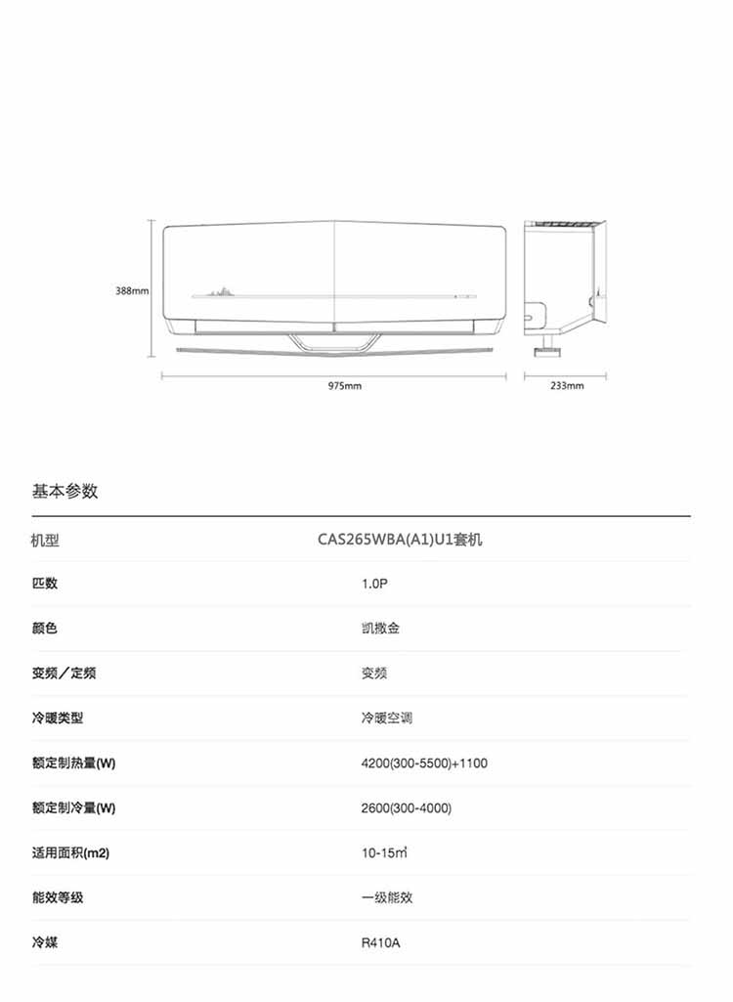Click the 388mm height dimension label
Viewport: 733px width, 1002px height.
click(x=132, y=290)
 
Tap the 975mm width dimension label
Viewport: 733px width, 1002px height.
click(x=344, y=386)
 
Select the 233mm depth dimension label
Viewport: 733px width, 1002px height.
click(x=567, y=386)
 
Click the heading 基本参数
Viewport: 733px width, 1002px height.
click(x=65, y=491)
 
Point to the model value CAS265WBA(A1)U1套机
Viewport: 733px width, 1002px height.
click(x=400, y=540)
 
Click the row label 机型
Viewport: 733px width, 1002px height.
click(x=45, y=541)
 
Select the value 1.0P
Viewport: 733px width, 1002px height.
click(x=374, y=584)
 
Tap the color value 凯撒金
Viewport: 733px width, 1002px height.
click(x=380, y=629)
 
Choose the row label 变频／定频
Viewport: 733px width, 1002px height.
click(x=64, y=673)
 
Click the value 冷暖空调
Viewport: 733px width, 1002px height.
click(x=387, y=718)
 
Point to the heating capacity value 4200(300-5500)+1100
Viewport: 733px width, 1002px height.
click(x=424, y=763)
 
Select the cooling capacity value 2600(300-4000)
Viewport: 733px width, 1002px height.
click(x=407, y=807)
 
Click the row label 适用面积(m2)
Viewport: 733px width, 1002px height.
click(x=71, y=852)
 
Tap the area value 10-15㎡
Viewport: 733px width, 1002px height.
click(x=385, y=852)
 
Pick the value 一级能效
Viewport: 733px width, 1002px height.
click(x=387, y=897)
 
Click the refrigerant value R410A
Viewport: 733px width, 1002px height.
click(x=381, y=942)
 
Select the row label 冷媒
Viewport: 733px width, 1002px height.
click(x=45, y=942)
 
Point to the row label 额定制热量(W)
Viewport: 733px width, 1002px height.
click(x=74, y=763)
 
